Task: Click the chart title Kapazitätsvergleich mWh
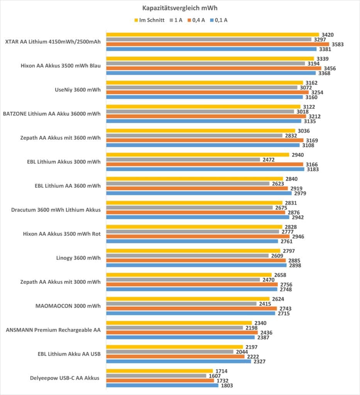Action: tap(180, 7)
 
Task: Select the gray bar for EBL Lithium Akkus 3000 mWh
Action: tap(183, 160)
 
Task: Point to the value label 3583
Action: tap(337, 44)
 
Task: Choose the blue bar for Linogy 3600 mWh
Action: tap(196, 265)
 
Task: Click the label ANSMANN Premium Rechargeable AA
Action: tap(54, 330)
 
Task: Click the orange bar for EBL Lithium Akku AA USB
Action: tap(175, 356)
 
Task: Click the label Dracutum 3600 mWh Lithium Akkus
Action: tap(57, 210)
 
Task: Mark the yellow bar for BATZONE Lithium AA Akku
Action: tap(203, 106)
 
